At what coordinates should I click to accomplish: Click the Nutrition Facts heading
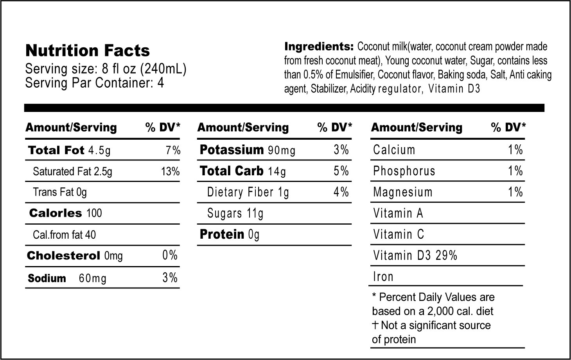87,51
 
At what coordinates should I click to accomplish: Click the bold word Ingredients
319,47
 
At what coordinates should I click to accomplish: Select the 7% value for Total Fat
173,151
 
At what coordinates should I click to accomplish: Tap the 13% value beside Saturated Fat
171,171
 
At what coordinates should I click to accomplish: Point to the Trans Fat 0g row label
60,192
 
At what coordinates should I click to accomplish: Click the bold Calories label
56,213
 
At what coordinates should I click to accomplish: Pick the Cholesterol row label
63,256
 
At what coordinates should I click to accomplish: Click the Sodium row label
47,279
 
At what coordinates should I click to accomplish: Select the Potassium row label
232,150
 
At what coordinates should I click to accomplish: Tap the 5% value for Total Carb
341,171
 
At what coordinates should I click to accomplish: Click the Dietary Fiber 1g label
248,192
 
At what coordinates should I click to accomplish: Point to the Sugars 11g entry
235,213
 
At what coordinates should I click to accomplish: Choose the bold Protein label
222,234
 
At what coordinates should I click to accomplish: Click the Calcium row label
394,150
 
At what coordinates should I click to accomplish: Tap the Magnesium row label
403,192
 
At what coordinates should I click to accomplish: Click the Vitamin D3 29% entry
415,256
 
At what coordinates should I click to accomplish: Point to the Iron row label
383,277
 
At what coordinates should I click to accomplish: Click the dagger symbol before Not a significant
375,325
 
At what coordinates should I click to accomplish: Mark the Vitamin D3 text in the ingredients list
454,89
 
